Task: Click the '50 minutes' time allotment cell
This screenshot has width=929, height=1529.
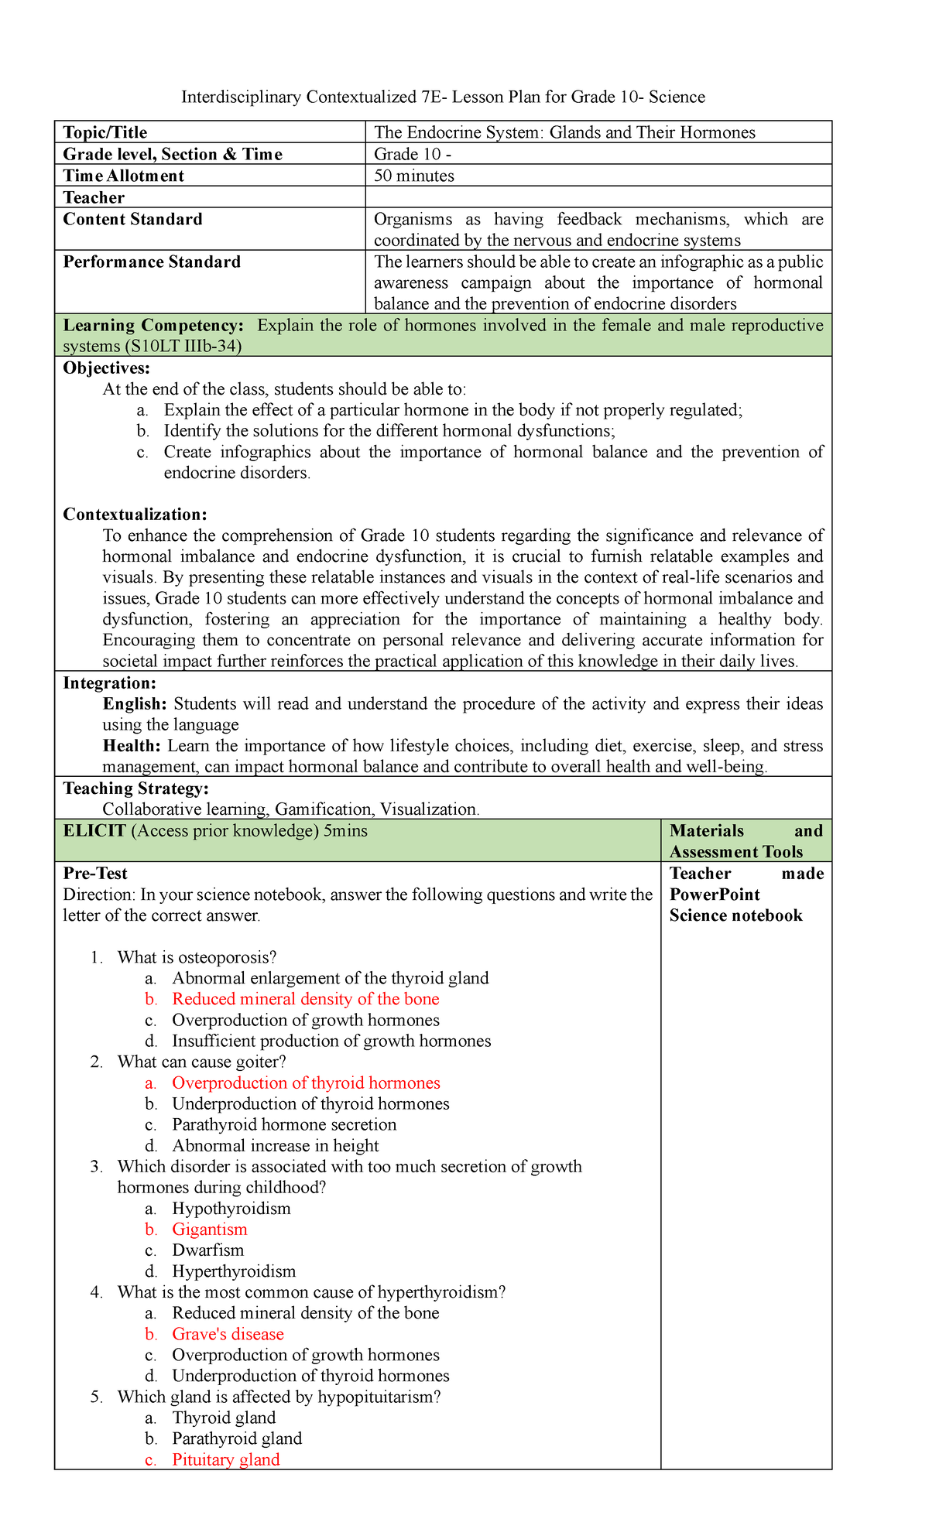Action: click(x=414, y=176)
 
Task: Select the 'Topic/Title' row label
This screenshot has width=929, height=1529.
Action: click(x=105, y=132)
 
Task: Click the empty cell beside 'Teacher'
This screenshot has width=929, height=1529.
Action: click(x=598, y=197)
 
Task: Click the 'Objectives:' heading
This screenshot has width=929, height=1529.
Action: click(x=107, y=368)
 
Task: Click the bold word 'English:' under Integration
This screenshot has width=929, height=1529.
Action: click(x=135, y=703)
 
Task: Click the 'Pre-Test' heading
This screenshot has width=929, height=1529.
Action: click(x=95, y=874)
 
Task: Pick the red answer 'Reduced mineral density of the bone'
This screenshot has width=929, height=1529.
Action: click(x=305, y=999)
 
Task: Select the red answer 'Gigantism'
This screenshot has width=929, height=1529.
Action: click(x=210, y=1230)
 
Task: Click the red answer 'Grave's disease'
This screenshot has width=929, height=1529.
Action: click(x=228, y=1334)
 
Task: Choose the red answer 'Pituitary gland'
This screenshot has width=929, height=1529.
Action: click(x=225, y=1459)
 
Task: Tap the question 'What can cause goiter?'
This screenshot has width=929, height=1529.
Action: click(x=202, y=1062)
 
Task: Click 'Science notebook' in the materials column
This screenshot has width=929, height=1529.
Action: click(x=735, y=915)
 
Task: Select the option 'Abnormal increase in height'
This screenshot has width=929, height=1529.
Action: click(x=275, y=1145)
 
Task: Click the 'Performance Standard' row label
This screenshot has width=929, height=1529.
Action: click(x=152, y=262)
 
